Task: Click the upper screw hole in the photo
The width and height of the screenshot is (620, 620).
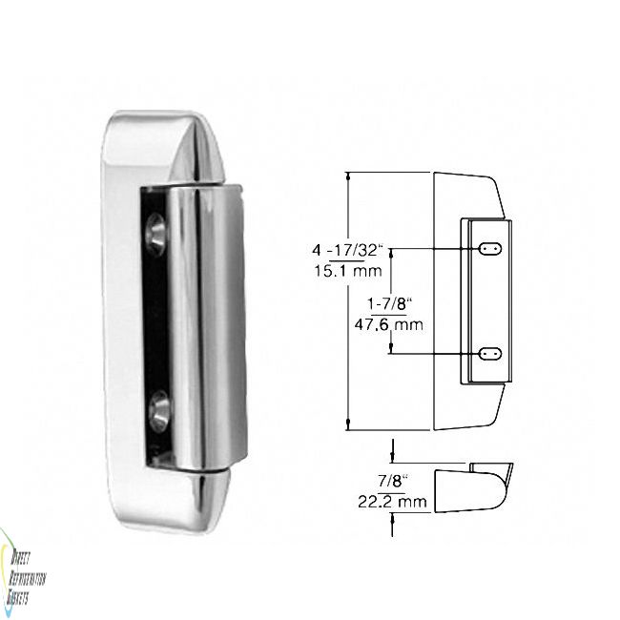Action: click(x=155, y=234)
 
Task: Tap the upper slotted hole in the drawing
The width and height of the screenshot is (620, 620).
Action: click(x=491, y=248)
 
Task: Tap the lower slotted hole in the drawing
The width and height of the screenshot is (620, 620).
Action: click(x=491, y=353)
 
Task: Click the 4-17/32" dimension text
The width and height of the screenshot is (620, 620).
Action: click(x=345, y=251)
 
